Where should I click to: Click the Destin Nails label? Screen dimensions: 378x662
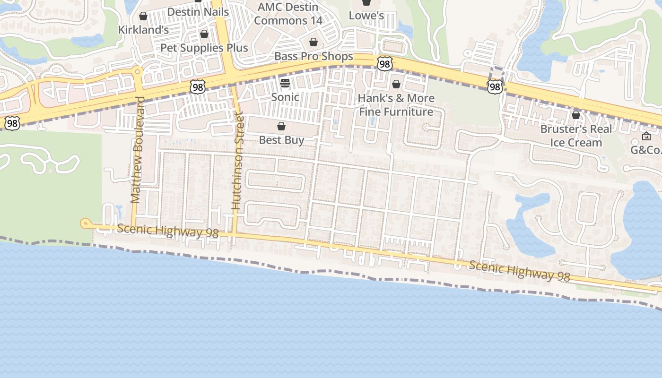pyautogui.click(x=198, y=12)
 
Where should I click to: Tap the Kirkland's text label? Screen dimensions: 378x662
pyautogui.click(x=143, y=30)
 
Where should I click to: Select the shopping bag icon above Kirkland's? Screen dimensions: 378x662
pyautogui.click(x=143, y=17)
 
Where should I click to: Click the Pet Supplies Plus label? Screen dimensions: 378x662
pyautogui.click(x=204, y=48)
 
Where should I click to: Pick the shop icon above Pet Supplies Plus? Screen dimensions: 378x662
pyautogui.click(x=204, y=34)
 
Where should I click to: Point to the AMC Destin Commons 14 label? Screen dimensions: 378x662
pyautogui.click(x=288, y=14)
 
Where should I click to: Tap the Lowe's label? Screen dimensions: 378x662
pyautogui.click(x=366, y=16)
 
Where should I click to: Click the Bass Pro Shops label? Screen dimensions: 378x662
pyautogui.click(x=314, y=56)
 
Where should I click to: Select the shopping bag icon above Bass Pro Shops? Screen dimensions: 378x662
pyautogui.click(x=313, y=43)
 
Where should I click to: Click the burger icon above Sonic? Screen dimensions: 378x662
pyautogui.click(x=285, y=84)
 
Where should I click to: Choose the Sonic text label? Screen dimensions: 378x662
pyautogui.click(x=285, y=97)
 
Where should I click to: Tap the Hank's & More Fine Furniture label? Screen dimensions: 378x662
pyautogui.click(x=396, y=105)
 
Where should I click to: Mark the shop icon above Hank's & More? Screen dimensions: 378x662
pyautogui.click(x=396, y=85)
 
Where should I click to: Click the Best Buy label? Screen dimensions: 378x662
pyautogui.click(x=281, y=140)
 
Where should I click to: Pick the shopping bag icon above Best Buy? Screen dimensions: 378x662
pyautogui.click(x=281, y=126)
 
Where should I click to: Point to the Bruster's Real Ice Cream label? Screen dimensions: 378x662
pyautogui.click(x=575, y=136)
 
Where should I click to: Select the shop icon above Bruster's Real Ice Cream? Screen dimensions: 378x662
pyautogui.click(x=576, y=115)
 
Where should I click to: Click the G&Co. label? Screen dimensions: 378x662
pyautogui.click(x=645, y=150)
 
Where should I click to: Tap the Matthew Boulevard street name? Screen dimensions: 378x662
pyautogui.click(x=137, y=150)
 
